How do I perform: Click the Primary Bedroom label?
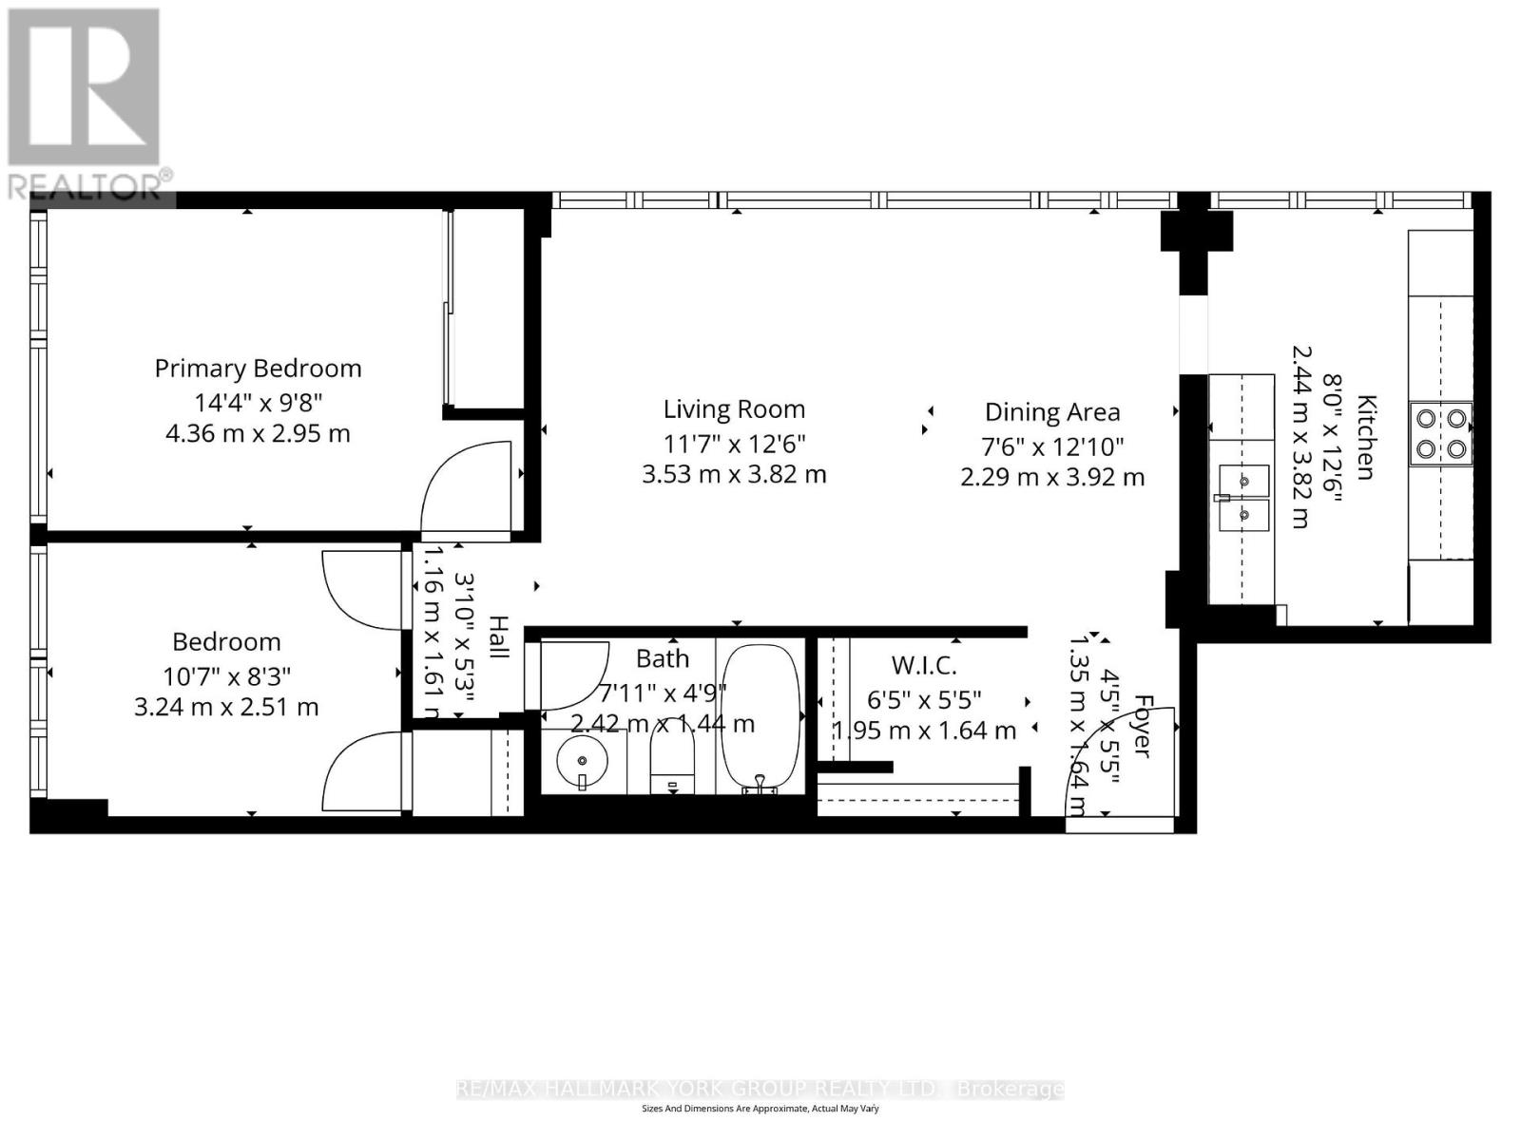pos(258,369)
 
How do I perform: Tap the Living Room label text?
pos(734,409)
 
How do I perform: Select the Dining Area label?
pos(1052,412)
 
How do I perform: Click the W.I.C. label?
pos(923,665)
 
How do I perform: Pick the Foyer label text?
pos(1140,727)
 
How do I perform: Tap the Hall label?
pos(498,636)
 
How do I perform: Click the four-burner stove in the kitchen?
pos(1440,432)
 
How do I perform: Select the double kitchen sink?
pos(1243,497)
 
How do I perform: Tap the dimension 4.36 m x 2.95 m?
pos(258,434)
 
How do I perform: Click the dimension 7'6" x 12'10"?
pos(1052,446)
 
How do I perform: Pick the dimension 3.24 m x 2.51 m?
pos(226,708)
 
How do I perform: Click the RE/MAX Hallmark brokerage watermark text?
pos(760,1089)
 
